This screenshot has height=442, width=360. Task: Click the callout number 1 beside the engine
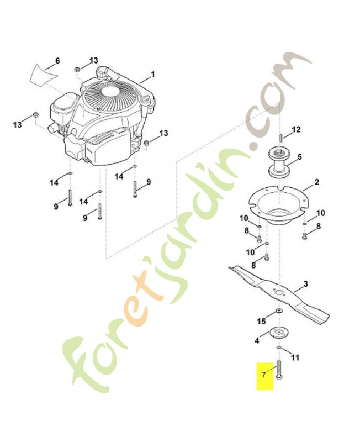pos(152,73)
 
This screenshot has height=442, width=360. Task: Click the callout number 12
pos(296,130)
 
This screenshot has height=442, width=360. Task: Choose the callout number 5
pos(299,157)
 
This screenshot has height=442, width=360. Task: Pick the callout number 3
pos(305,285)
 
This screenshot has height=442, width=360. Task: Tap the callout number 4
pos(257,341)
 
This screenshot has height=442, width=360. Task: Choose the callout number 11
pos(295,358)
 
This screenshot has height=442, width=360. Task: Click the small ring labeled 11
pos(280,348)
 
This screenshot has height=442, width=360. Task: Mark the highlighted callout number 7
pos(264,375)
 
